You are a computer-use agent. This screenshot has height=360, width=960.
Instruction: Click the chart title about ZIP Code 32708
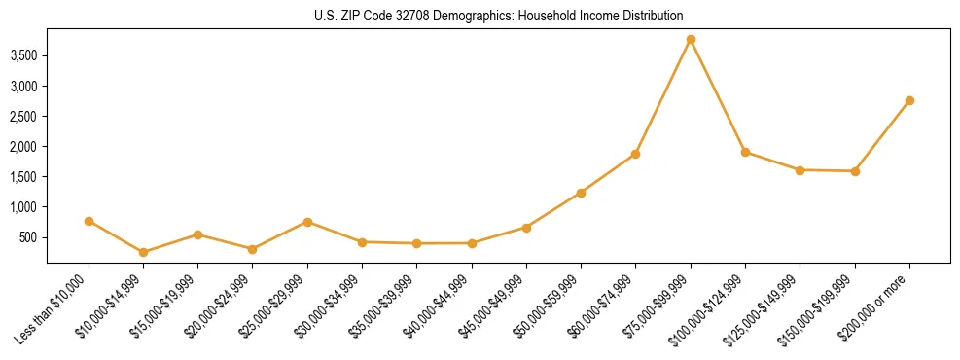(x=498, y=16)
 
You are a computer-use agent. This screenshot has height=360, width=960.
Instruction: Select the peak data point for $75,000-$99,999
(x=691, y=40)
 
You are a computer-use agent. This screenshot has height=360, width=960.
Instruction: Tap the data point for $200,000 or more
(x=909, y=100)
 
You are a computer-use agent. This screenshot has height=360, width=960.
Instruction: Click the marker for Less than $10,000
(x=89, y=221)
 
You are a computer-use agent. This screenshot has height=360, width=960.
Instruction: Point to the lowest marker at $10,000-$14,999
(x=143, y=252)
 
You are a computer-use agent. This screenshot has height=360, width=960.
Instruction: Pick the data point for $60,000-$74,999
(x=635, y=154)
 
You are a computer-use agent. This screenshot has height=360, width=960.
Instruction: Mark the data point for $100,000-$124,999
(x=745, y=152)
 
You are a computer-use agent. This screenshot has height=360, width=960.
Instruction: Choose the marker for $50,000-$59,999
(x=581, y=193)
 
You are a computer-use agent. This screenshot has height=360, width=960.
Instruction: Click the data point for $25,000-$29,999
(x=307, y=222)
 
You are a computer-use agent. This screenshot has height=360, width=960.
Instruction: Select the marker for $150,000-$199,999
(x=855, y=171)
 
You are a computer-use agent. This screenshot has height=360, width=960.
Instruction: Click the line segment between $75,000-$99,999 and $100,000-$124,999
(x=718, y=95)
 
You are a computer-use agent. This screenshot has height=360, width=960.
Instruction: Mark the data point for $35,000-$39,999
(x=416, y=243)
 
